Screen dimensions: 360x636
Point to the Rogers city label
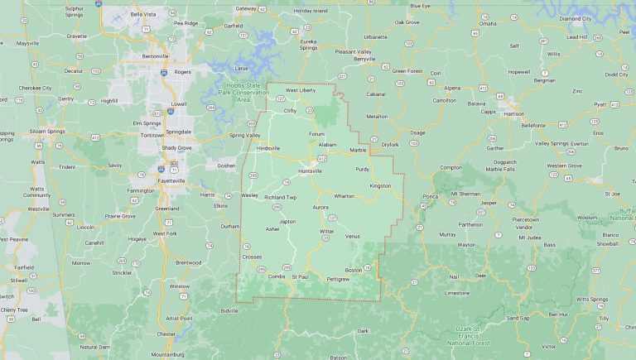(183, 72)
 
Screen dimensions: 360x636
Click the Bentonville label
(155, 55)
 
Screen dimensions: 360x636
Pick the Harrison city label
(514, 113)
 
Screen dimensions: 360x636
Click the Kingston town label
(380, 185)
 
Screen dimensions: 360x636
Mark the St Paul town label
(300, 276)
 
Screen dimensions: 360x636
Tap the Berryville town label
(365, 59)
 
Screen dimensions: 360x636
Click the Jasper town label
(488, 202)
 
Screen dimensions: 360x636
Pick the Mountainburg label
(167, 353)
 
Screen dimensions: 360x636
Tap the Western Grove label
(564, 166)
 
